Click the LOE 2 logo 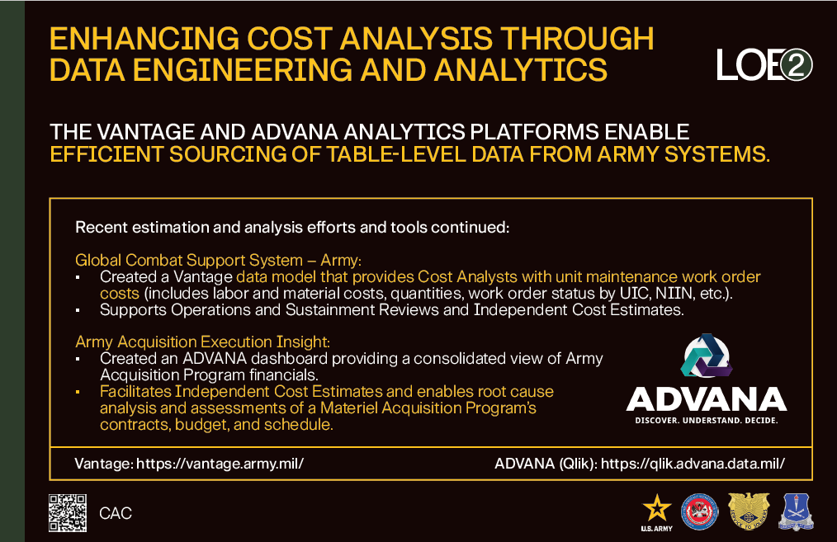click(x=764, y=64)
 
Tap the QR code click(x=67, y=512)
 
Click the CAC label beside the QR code click(x=116, y=513)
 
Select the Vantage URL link click(x=220, y=463)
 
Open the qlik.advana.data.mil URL click(x=693, y=463)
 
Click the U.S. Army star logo click(x=656, y=512)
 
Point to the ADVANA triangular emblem click(x=707, y=356)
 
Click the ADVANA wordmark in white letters click(x=707, y=399)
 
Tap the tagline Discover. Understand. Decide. click(x=707, y=421)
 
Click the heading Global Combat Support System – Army click(x=218, y=260)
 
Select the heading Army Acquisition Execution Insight click(x=203, y=342)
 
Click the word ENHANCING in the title click(x=144, y=39)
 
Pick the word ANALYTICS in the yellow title click(x=521, y=70)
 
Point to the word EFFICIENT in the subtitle click(x=106, y=154)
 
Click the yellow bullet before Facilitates click(x=78, y=392)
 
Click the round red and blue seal click(x=700, y=512)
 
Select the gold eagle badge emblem click(x=749, y=511)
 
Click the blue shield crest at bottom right click(x=796, y=511)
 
